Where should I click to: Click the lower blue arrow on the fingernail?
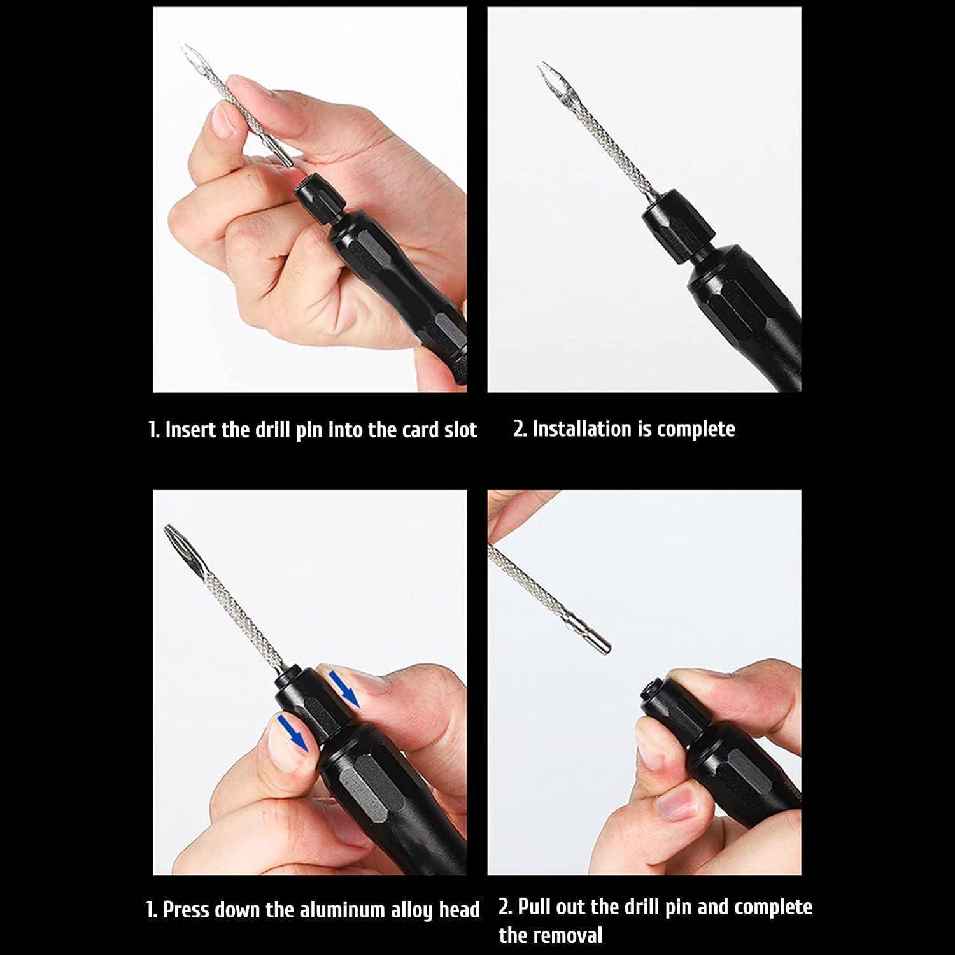pos(292,732)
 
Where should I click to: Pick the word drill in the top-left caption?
pos(273,430)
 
